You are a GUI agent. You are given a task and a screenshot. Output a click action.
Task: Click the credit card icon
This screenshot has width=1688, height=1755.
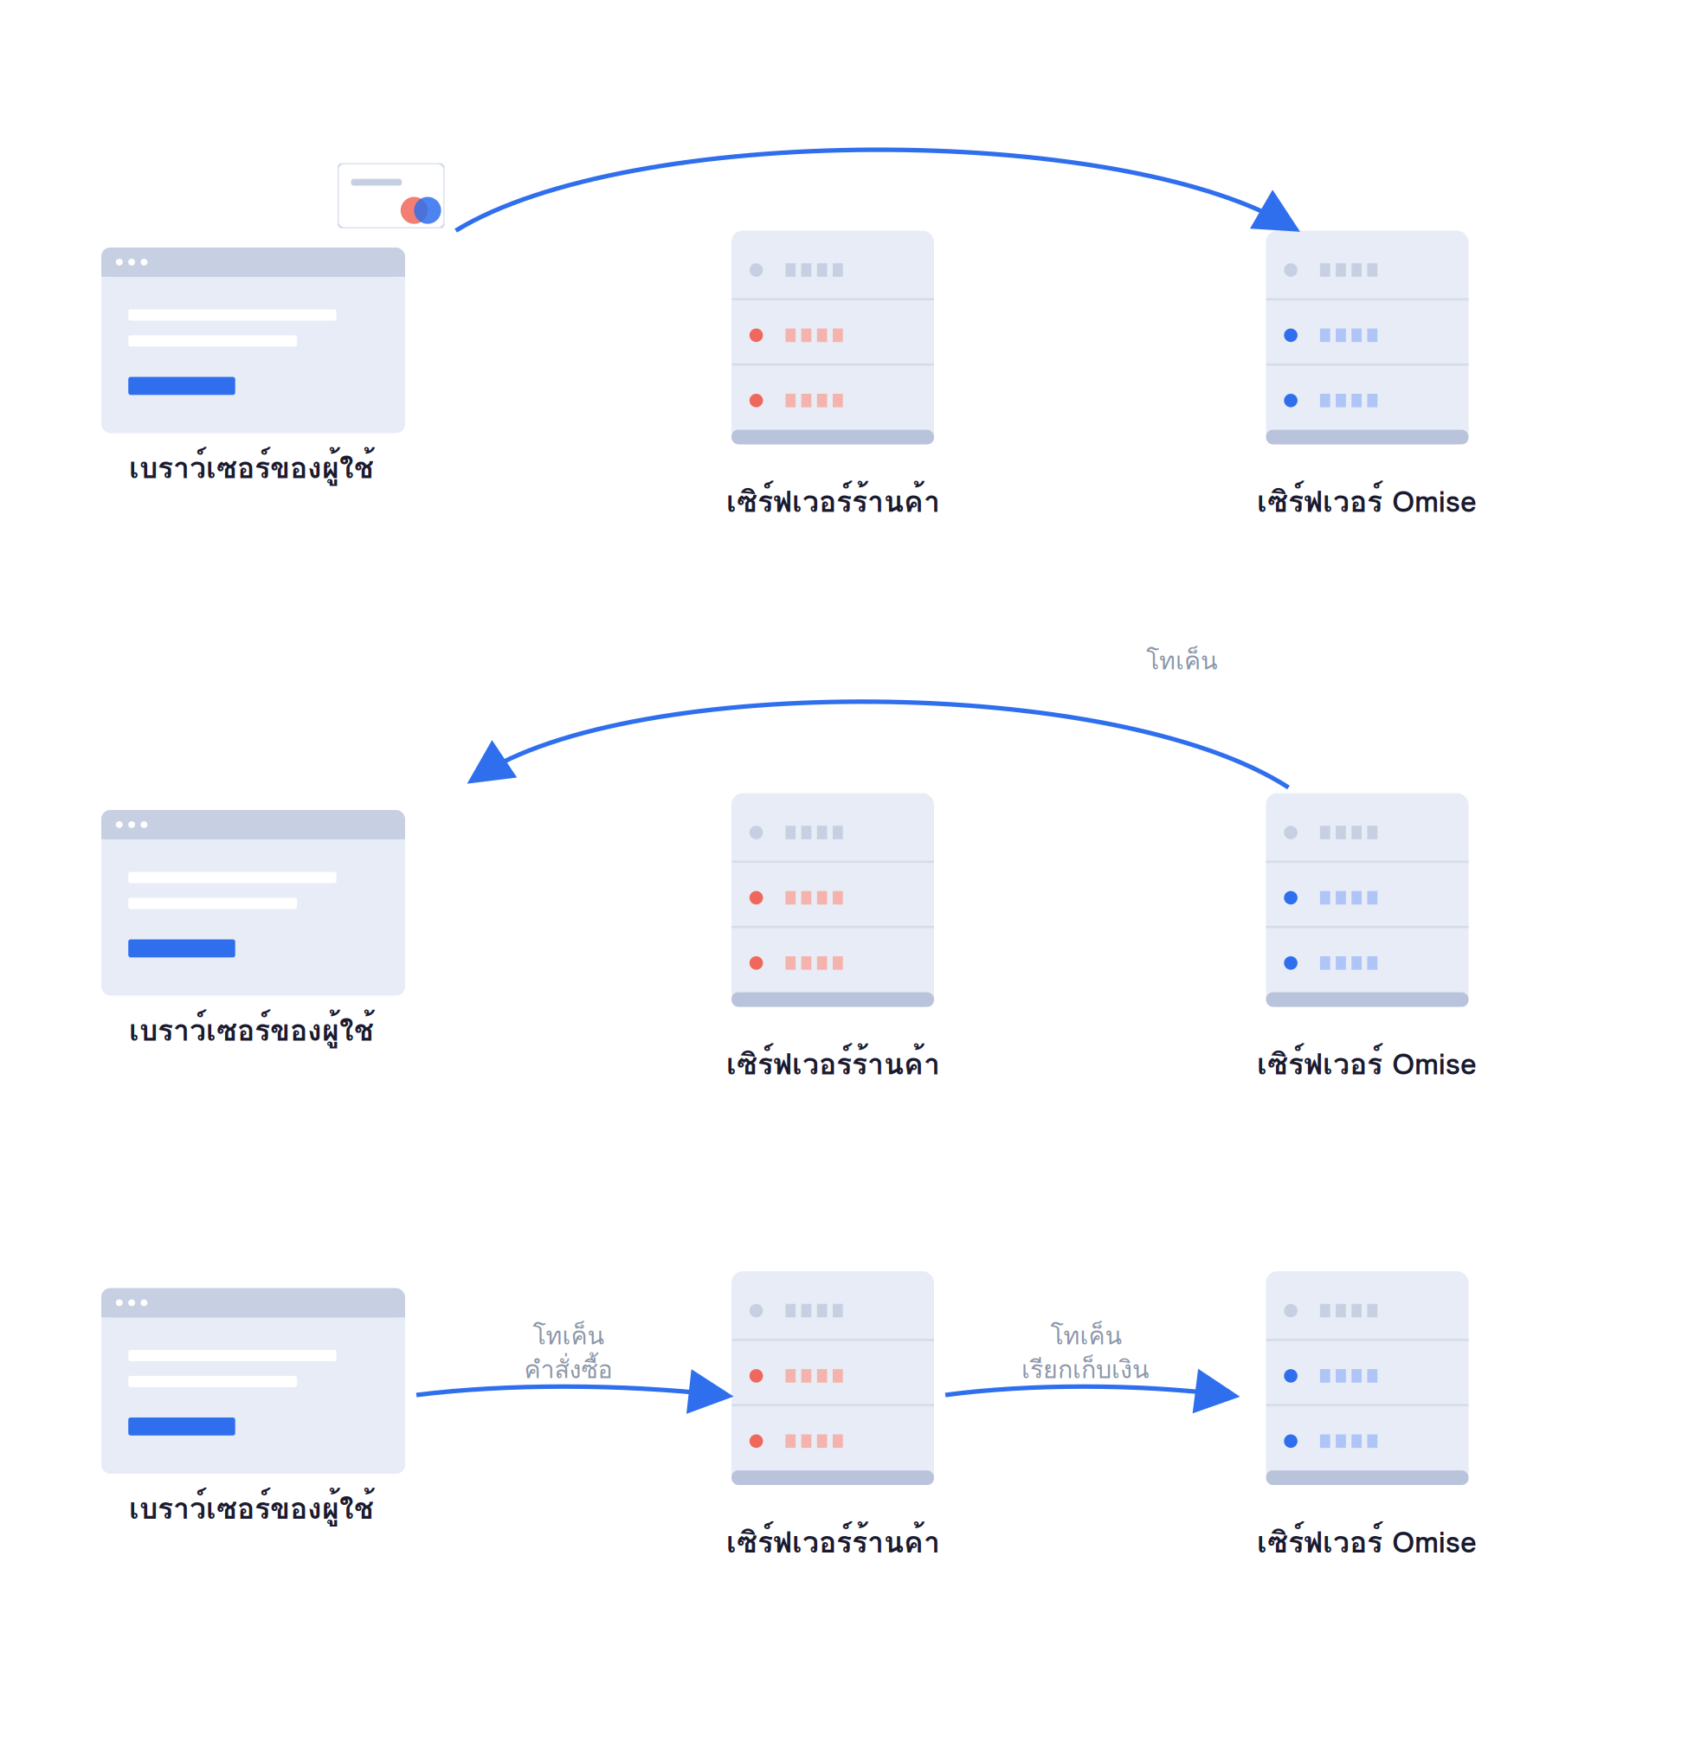[x=390, y=196]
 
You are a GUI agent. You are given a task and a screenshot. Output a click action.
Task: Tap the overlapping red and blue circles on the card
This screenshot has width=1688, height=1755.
[x=421, y=210]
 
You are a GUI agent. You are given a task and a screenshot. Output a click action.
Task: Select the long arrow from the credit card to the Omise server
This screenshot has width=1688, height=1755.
[x=878, y=151]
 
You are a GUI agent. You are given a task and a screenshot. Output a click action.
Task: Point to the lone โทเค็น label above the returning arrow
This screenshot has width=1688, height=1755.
[x=1182, y=660]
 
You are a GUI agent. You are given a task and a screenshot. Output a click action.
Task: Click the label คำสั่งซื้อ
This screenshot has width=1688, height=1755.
[x=569, y=1370]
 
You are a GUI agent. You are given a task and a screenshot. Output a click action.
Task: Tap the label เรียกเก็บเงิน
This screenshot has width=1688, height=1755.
[x=1086, y=1370]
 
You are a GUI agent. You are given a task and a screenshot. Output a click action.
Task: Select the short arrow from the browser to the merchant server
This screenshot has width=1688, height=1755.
[x=573, y=1388]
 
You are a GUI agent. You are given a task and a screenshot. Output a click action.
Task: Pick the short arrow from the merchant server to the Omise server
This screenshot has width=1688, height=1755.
[x=1092, y=1388]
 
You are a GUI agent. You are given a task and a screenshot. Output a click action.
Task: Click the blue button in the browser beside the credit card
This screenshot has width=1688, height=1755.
[x=182, y=386]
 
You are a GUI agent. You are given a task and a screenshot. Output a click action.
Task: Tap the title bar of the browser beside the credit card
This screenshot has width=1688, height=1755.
[x=254, y=262]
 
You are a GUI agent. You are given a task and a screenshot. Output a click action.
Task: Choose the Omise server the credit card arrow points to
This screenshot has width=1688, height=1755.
[x=1368, y=337]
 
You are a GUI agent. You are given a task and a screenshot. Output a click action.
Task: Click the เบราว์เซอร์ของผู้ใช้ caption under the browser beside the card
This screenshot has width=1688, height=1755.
[x=252, y=467]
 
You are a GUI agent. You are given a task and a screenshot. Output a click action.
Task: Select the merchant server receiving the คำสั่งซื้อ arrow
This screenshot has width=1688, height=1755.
[x=833, y=1378]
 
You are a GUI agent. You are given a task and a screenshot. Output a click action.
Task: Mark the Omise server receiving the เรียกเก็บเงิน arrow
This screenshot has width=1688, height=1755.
[x=1368, y=1378]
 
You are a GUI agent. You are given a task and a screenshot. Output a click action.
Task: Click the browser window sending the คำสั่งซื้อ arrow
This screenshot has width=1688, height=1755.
[x=254, y=1380]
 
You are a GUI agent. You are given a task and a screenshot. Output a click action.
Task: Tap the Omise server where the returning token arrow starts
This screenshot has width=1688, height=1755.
[x=1368, y=900]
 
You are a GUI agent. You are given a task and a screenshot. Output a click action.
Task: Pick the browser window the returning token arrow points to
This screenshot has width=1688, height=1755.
[x=254, y=903]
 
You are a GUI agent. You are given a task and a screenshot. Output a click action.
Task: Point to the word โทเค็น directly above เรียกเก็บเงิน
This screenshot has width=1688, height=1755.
[x=1086, y=1335]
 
